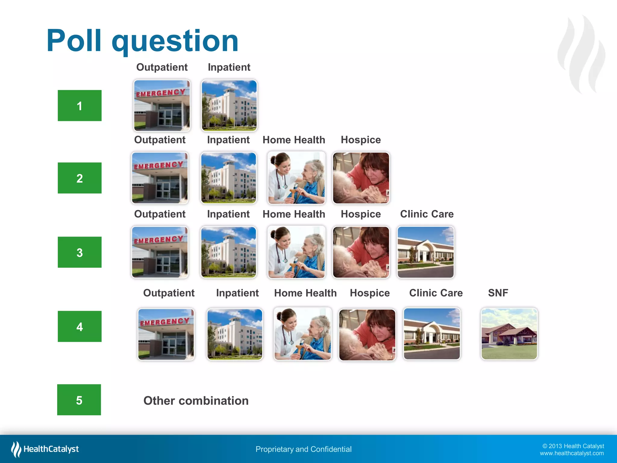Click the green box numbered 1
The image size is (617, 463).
[x=80, y=106]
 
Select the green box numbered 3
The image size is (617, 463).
[x=80, y=252]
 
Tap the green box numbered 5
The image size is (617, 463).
[x=79, y=400]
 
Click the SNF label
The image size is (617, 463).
[x=498, y=293]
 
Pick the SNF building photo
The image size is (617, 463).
[x=509, y=334]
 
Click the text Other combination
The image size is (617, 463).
[x=196, y=401]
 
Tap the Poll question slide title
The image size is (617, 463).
[x=142, y=41]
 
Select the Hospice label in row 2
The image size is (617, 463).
[x=361, y=140]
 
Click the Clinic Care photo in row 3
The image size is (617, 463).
[x=425, y=252]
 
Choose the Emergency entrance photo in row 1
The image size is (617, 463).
[x=162, y=106]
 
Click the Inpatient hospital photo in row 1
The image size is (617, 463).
[x=229, y=106]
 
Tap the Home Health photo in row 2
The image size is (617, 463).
[x=296, y=178]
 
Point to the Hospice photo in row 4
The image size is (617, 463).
[x=367, y=335]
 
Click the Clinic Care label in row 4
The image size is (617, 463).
[x=436, y=293]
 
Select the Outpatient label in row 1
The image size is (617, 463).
[x=162, y=67]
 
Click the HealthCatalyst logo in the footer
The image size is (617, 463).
[x=45, y=449]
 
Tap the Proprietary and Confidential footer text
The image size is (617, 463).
[x=303, y=449]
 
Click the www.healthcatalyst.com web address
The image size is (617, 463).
[x=572, y=453]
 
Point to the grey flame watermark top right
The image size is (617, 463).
[x=581, y=54]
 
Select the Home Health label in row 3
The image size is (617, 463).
[x=294, y=214]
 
